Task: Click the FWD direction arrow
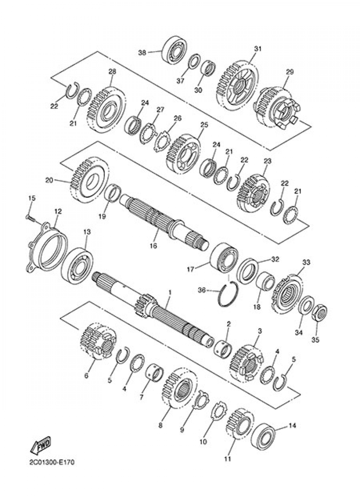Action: click(x=41, y=445)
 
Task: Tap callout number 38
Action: click(x=143, y=52)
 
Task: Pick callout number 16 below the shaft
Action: click(x=153, y=246)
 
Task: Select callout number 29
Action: click(x=290, y=72)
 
